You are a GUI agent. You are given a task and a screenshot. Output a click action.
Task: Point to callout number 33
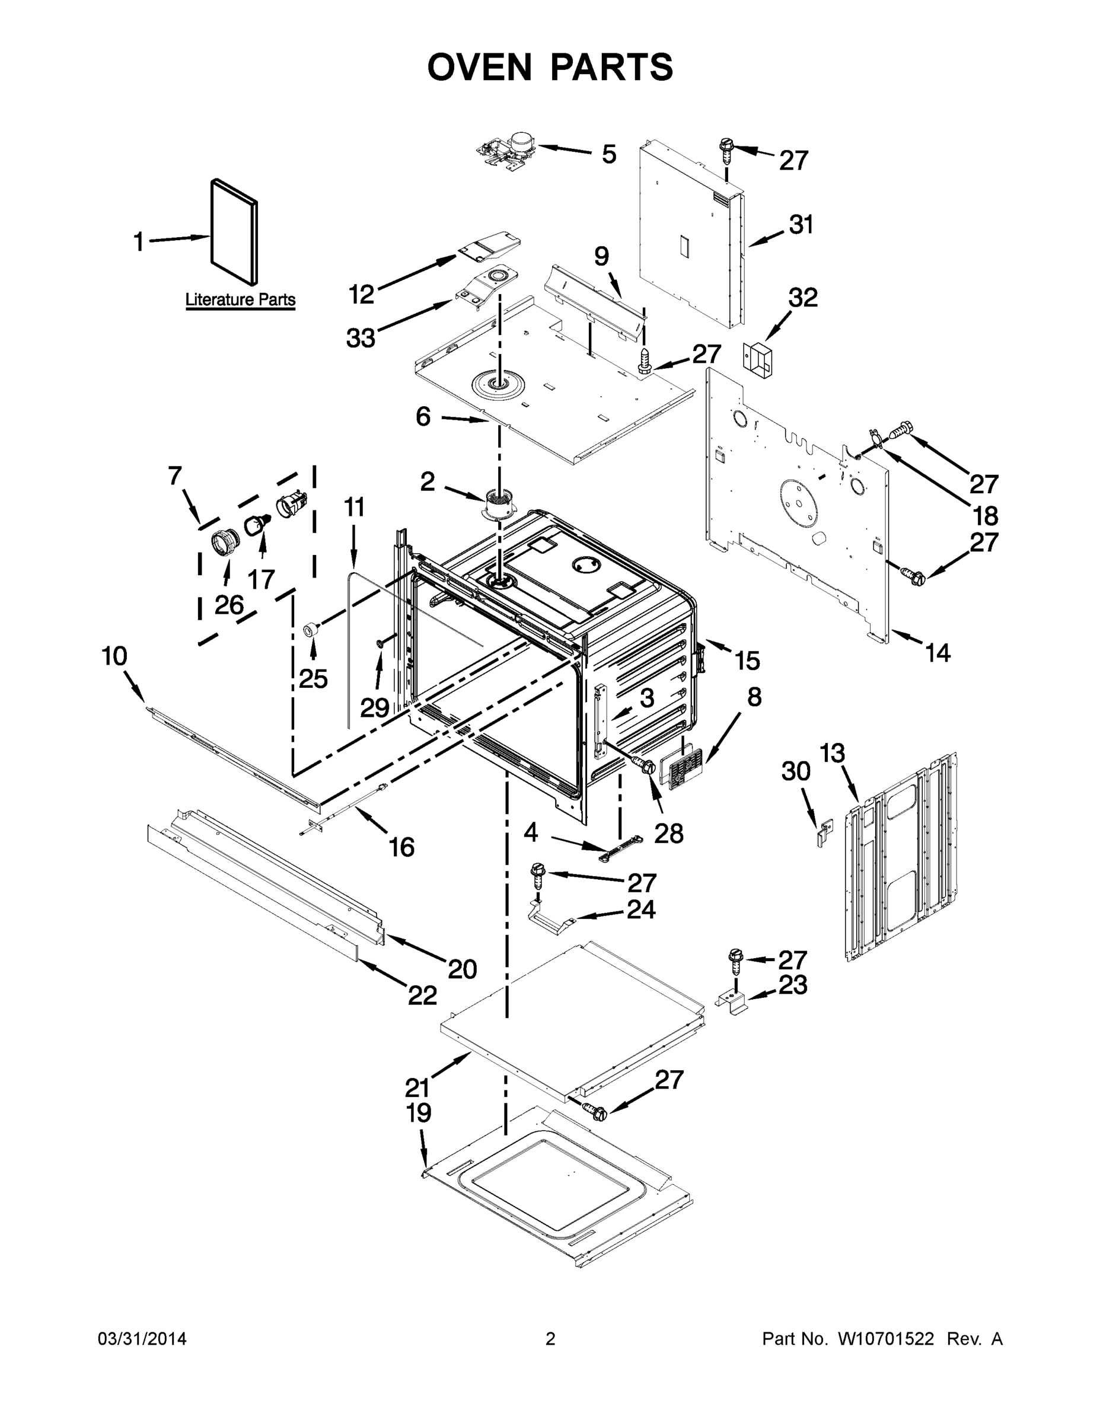point(361,338)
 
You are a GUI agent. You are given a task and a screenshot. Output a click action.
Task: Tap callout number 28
point(669,833)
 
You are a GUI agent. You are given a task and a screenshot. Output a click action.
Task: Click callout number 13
point(831,752)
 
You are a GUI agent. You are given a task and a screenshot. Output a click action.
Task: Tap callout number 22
point(422,995)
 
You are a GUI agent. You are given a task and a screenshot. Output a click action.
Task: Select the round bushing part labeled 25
point(312,630)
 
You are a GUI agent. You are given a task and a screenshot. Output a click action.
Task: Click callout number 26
point(229,605)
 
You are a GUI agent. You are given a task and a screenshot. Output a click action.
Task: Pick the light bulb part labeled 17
point(258,522)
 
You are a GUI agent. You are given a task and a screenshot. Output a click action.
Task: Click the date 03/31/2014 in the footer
point(142,1339)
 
